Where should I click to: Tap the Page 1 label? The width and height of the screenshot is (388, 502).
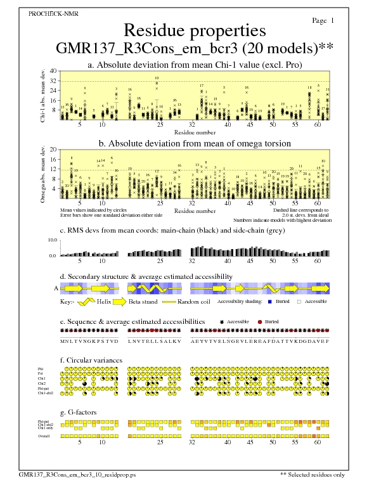(x=324, y=21)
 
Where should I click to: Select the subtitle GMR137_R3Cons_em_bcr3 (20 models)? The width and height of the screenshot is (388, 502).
(x=195, y=49)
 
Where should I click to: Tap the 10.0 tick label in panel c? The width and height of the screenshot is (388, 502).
(x=53, y=241)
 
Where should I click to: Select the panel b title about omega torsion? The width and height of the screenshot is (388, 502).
(x=195, y=143)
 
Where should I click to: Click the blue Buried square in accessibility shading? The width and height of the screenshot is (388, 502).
(x=269, y=302)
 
